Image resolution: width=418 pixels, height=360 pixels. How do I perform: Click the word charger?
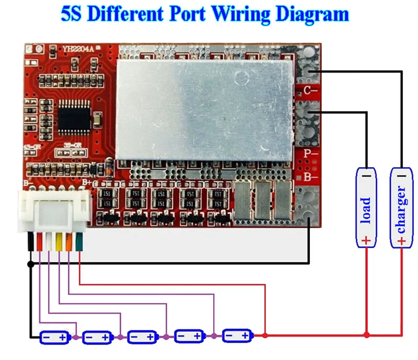point(401,209)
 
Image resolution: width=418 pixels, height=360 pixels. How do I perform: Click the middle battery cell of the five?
point(143,337)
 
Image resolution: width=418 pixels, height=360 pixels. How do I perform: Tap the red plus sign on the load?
point(366,240)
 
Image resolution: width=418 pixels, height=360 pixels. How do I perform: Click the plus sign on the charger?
point(401,241)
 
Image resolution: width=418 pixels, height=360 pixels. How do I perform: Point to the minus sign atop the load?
point(366,177)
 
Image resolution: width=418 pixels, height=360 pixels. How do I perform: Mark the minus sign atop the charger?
point(401,177)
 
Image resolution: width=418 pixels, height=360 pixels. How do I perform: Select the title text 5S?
point(72,14)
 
